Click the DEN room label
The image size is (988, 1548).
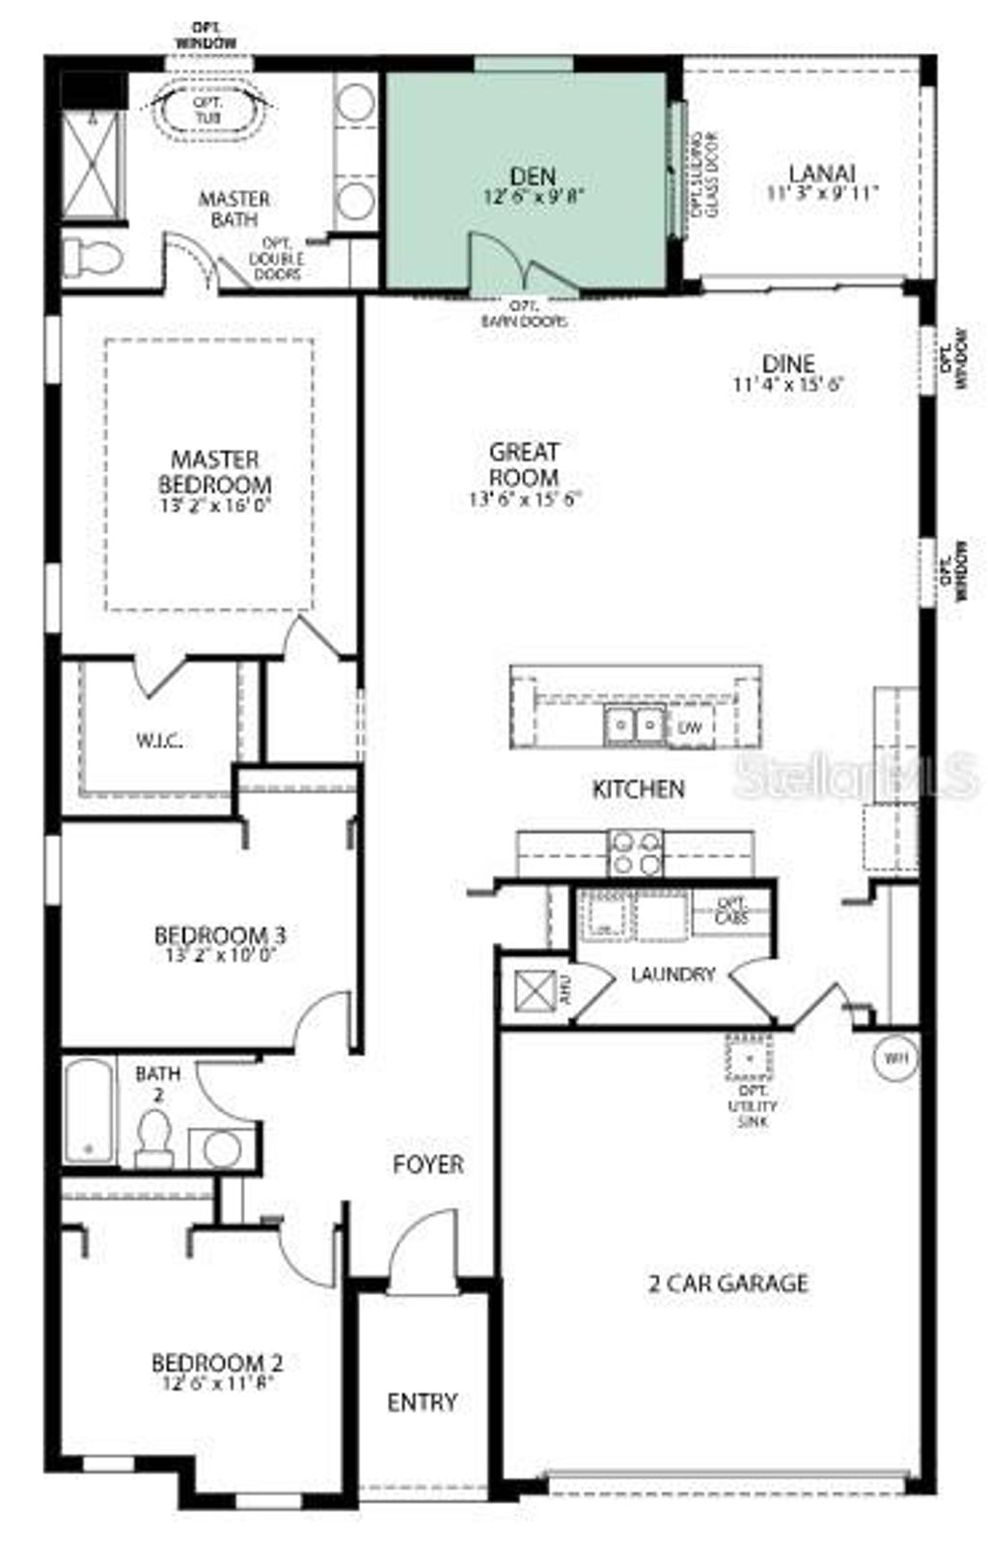(533, 177)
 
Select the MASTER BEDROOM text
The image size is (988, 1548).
(214, 471)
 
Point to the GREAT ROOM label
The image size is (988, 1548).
(525, 463)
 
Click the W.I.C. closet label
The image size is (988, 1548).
(159, 741)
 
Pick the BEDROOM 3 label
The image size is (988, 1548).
(220, 934)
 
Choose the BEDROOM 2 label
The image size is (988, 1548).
(216, 1363)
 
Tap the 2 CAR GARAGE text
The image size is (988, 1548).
(727, 1283)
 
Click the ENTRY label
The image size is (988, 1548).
(422, 1401)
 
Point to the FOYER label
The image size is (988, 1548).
(427, 1164)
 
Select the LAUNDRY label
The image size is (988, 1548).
(672, 974)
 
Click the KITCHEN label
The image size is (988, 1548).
(638, 788)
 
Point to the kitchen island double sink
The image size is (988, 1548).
(635, 724)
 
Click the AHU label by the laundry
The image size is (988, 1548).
(567, 990)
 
